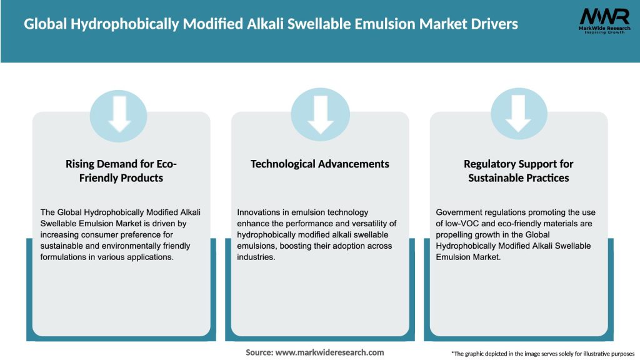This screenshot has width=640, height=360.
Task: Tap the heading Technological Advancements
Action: click(x=320, y=164)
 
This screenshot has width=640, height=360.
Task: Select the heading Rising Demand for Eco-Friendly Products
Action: click(x=122, y=171)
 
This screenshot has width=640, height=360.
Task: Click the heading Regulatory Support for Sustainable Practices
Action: click(x=518, y=171)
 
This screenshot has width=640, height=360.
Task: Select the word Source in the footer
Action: click(x=259, y=352)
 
